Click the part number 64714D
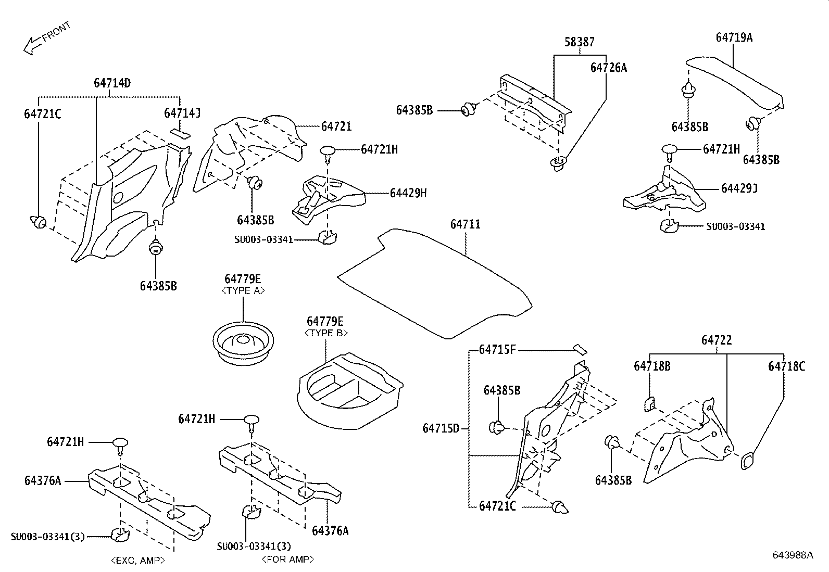click(x=112, y=83)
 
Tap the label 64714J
click(x=182, y=113)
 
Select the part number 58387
click(x=580, y=42)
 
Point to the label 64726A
click(x=608, y=68)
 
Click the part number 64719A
click(x=734, y=37)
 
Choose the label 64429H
click(x=408, y=193)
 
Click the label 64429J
click(x=739, y=188)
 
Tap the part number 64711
click(x=465, y=224)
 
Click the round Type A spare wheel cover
click(x=243, y=344)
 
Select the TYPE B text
click(x=325, y=333)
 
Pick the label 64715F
click(x=497, y=350)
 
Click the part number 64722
click(x=716, y=340)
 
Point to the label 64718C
click(x=786, y=366)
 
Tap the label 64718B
click(x=651, y=366)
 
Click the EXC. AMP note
click(x=138, y=561)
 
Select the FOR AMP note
click(x=288, y=560)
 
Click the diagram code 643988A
click(x=792, y=555)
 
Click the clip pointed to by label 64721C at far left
click(x=39, y=223)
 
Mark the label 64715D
click(x=441, y=429)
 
